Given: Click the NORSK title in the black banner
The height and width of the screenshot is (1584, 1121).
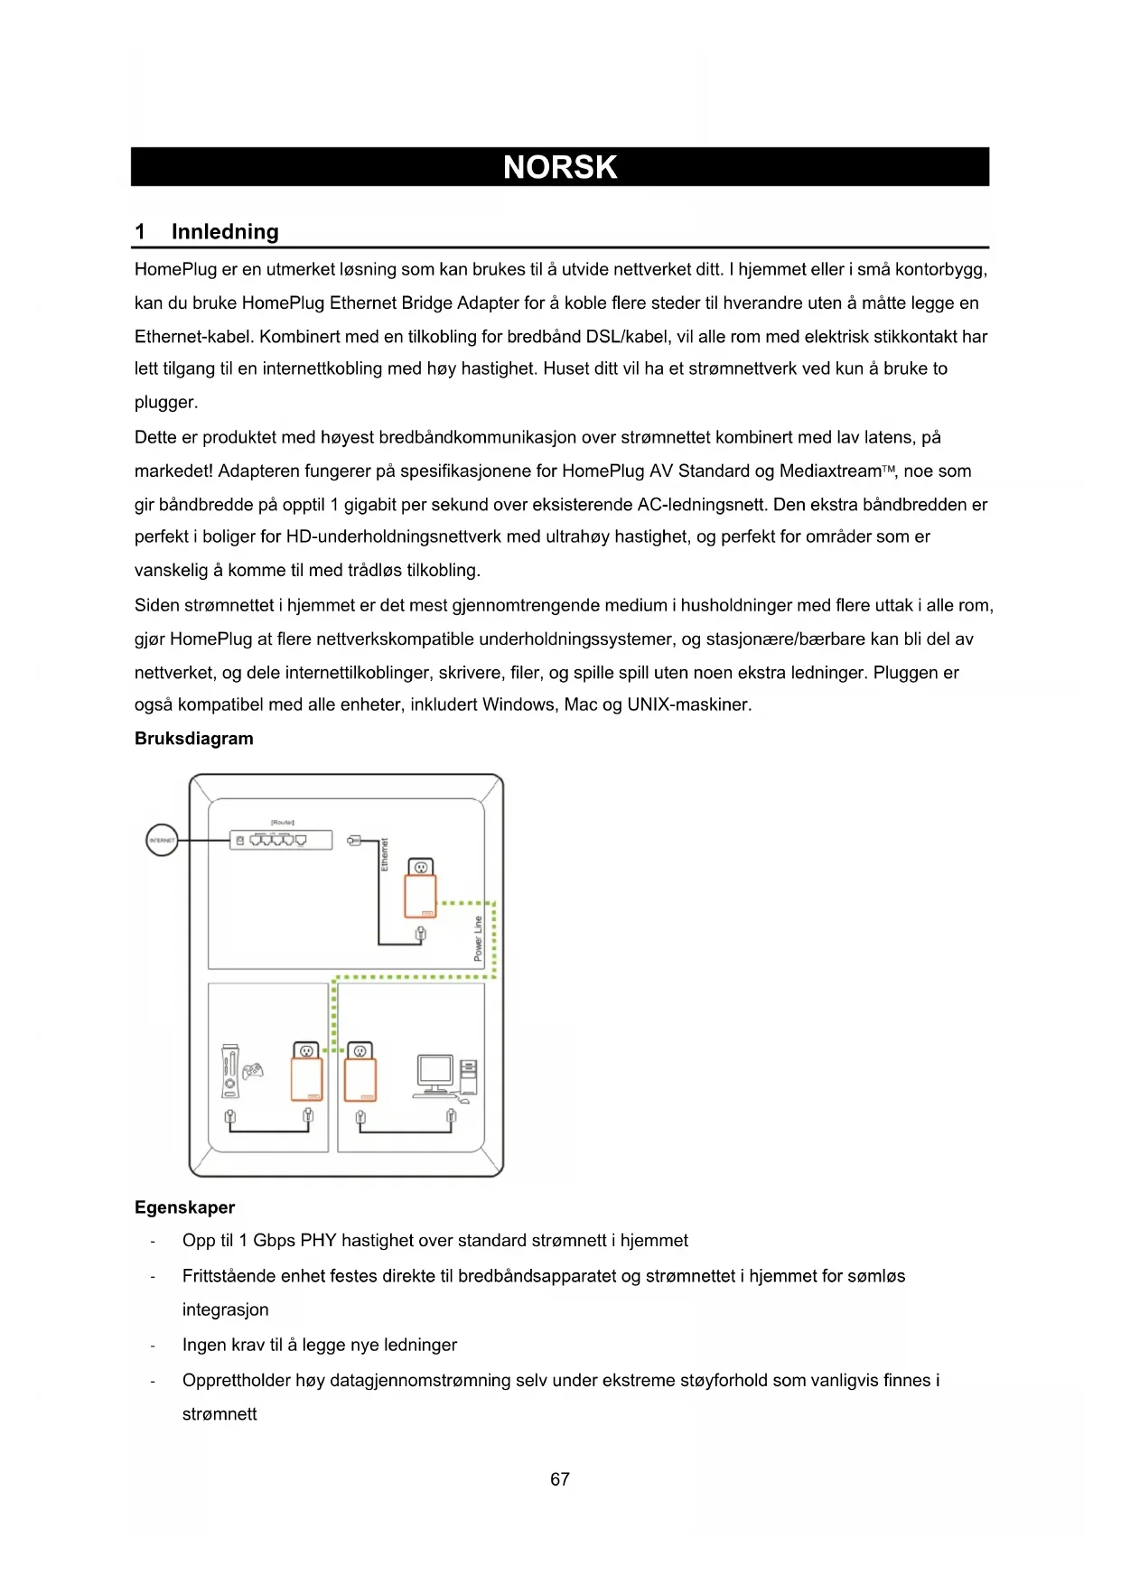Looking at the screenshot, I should [560, 167].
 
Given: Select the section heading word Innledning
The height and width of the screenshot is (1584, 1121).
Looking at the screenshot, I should [225, 232].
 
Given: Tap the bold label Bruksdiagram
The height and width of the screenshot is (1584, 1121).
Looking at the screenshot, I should [194, 739].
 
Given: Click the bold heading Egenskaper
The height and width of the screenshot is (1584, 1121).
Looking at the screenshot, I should [184, 1207].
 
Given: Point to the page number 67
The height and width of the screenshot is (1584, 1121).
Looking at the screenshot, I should [560, 1479].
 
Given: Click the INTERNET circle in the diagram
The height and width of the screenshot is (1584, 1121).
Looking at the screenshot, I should [162, 840].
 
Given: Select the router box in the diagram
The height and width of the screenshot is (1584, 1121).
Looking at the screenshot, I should [281, 840].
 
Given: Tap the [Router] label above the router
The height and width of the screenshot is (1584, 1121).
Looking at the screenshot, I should [283, 822].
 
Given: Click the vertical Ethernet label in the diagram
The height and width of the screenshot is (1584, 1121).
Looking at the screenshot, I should [384, 854].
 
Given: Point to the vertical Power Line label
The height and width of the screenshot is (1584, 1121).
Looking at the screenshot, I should [478, 939].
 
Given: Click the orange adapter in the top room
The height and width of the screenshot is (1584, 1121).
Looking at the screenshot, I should [420, 896].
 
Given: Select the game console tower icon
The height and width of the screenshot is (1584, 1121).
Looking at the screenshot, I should [230, 1071].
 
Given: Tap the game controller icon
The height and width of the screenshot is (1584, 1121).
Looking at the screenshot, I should [253, 1071].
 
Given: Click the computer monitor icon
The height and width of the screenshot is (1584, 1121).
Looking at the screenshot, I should [435, 1072].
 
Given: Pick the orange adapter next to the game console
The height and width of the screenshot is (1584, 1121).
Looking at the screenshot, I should [306, 1079].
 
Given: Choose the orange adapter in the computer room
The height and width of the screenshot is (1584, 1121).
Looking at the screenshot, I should [360, 1079].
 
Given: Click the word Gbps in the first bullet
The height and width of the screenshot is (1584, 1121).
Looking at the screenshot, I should [274, 1241].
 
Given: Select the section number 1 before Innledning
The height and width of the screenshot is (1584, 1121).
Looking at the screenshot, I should [140, 232].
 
